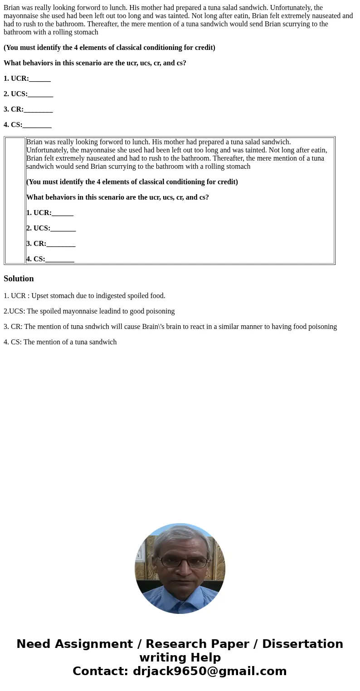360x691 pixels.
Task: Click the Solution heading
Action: tap(19, 279)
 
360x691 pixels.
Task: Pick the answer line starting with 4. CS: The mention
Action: tap(60, 342)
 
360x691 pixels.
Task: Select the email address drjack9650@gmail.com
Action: tap(209, 671)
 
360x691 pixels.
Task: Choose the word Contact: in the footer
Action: tap(100, 671)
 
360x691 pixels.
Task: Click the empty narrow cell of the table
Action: tap(15, 201)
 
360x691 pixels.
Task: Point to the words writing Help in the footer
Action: tap(180, 658)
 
